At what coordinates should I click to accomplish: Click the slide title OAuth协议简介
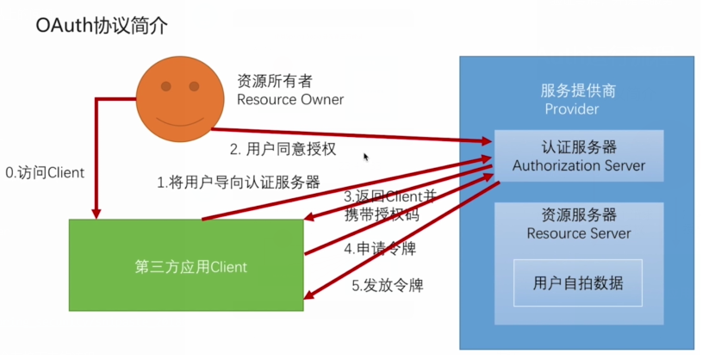click(x=102, y=26)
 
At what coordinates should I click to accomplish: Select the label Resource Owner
click(x=290, y=100)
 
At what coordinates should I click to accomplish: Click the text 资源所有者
click(x=275, y=81)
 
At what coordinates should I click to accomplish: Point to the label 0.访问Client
click(x=45, y=173)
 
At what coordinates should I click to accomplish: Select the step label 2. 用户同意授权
click(x=283, y=149)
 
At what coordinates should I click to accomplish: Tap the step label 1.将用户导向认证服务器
click(x=238, y=183)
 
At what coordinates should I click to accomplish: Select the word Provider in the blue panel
click(x=571, y=109)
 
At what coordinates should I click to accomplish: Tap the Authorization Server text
click(x=578, y=165)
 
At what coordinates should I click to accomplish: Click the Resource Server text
click(x=578, y=233)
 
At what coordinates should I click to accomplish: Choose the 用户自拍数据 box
click(x=577, y=282)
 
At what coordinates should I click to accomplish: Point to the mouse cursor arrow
click(x=366, y=157)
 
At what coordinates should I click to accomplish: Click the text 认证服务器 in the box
click(x=578, y=146)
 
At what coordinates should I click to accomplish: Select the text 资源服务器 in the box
click(x=578, y=215)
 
